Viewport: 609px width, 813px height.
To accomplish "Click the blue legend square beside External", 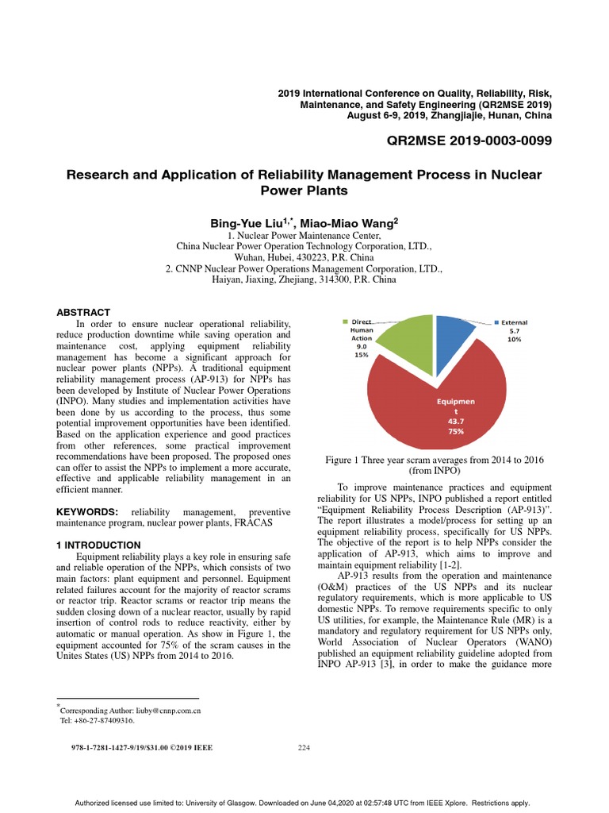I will [x=497, y=322].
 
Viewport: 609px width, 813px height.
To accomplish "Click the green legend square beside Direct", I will [x=346, y=322].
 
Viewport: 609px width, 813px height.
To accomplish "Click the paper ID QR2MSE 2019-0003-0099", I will [x=469, y=141].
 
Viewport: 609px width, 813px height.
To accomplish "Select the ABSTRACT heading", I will [x=83, y=313].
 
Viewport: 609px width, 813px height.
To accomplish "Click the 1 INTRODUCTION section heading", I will [x=98, y=545].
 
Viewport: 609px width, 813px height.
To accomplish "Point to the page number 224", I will [x=304, y=747].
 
